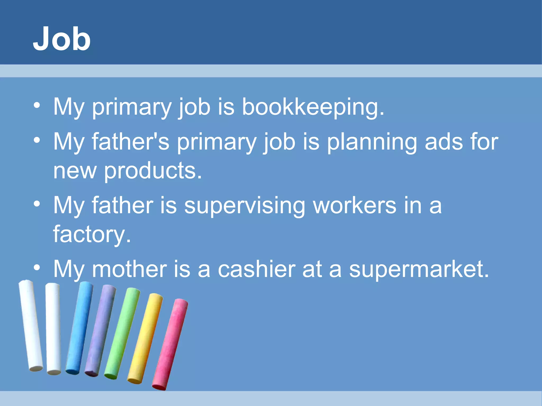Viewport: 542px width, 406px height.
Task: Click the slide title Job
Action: click(62, 39)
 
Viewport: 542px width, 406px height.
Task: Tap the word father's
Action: click(130, 142)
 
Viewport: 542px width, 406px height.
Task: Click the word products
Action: click(153, 171)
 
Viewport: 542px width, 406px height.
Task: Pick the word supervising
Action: click(245, 206)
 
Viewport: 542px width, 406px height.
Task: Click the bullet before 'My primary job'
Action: click(37, 105)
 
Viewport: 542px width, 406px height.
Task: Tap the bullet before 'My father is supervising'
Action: click(37, 204)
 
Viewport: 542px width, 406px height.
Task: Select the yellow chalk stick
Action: click(145, 338)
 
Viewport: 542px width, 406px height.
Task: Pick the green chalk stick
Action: click(122, 333)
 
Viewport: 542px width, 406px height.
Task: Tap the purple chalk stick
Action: click(100, 330)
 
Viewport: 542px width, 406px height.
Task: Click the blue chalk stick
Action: click(79, 328)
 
